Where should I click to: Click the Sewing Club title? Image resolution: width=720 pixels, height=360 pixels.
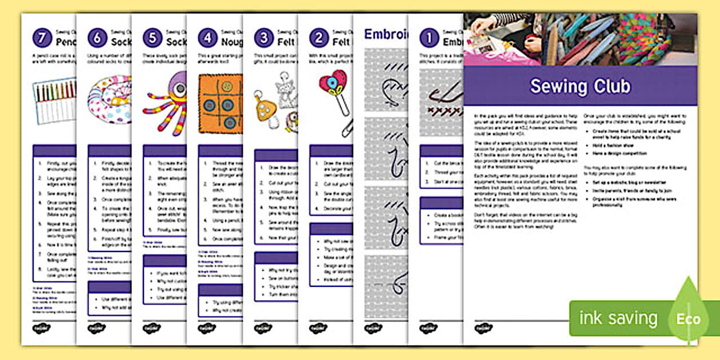pos(580,86)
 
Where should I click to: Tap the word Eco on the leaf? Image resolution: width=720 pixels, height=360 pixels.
pos(688,318)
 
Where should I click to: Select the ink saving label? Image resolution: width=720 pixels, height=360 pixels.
pos(618,318)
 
